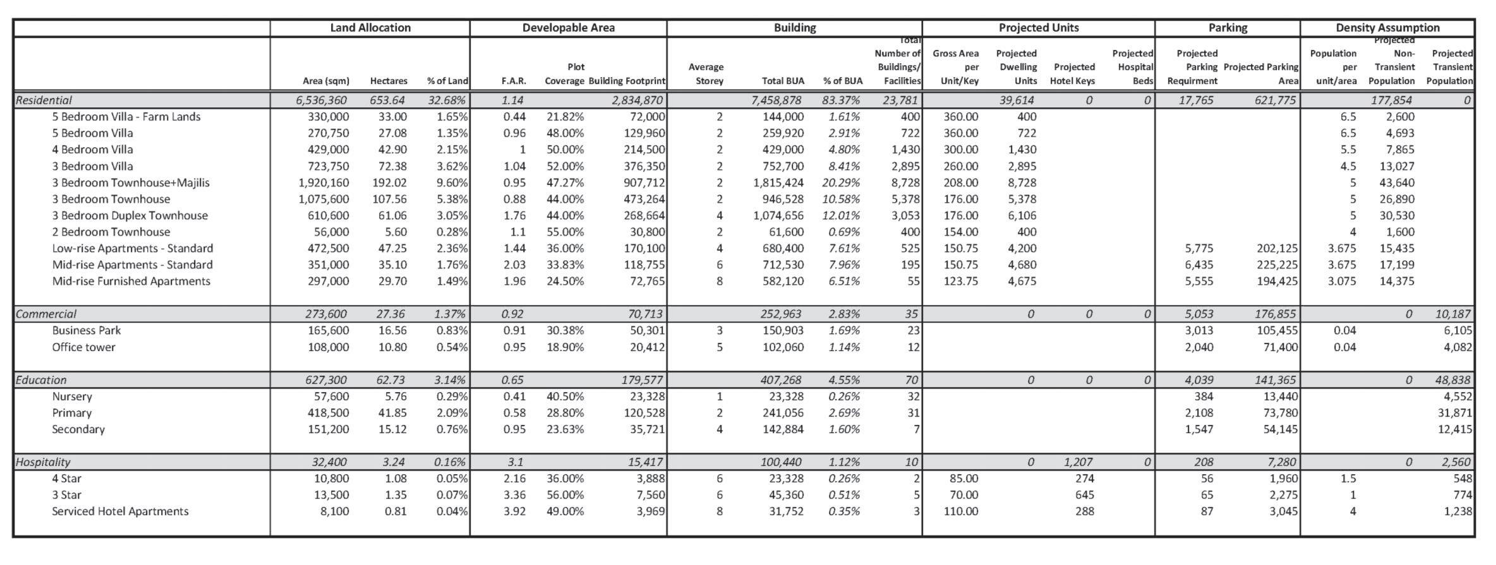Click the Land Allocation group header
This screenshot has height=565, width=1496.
point(370,28)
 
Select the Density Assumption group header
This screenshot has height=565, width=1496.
point(1387,28)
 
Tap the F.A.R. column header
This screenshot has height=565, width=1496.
point(514,81)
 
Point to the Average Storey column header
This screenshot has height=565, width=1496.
point(706,74)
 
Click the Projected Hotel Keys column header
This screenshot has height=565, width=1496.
point(1072,74)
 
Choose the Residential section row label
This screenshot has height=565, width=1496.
point(44,100)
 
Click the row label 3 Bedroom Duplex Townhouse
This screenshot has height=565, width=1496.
point(130,215)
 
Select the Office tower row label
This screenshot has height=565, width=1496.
point(83,347)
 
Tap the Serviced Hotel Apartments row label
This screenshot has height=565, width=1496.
point(120,511)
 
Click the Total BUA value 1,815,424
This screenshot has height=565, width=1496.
point(778,182)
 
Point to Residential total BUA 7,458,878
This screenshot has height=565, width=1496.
point(778,100)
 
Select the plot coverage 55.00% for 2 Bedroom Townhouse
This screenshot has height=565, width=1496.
point(565,232)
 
